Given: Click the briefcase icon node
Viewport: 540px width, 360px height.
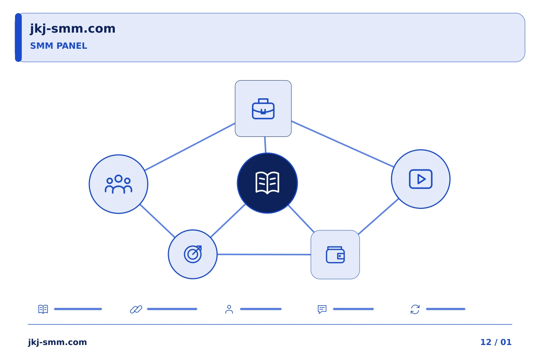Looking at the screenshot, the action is point(263,108).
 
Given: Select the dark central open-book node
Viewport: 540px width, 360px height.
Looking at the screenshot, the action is point(267,183).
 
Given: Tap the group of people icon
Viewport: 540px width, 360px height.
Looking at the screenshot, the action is point(118,184).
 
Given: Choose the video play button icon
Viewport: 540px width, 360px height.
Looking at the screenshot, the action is point(421,179).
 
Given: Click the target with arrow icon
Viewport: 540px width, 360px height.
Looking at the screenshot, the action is point(193,254).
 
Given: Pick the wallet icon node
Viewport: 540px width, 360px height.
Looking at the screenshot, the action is point(335,255).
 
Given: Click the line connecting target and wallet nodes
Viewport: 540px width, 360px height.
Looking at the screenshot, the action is point(264,254).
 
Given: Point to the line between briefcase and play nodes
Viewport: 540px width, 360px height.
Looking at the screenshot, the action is point(343,144).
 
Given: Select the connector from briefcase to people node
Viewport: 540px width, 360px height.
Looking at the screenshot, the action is point(190,147).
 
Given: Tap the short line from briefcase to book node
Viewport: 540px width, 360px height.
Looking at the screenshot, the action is point(265,145).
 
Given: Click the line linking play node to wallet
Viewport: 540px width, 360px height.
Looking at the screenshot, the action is point(378,216).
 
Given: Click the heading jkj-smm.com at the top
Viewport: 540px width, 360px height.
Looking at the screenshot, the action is point(73,29).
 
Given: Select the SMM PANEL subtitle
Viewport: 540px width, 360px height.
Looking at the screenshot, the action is point(58,46).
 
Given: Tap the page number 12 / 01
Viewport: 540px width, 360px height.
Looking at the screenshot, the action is point(496,342).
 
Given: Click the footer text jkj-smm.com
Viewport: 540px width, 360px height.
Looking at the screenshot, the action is point(57,342).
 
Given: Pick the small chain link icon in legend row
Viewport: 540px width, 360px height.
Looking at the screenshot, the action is point(136,309).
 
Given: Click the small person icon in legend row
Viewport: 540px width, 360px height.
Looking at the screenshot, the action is point(229,309).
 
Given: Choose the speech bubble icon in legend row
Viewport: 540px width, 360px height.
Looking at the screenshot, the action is point(322,309).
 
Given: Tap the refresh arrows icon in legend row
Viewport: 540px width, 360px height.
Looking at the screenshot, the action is point(415,309).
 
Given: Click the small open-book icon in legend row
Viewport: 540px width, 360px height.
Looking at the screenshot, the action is point(43,309).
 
